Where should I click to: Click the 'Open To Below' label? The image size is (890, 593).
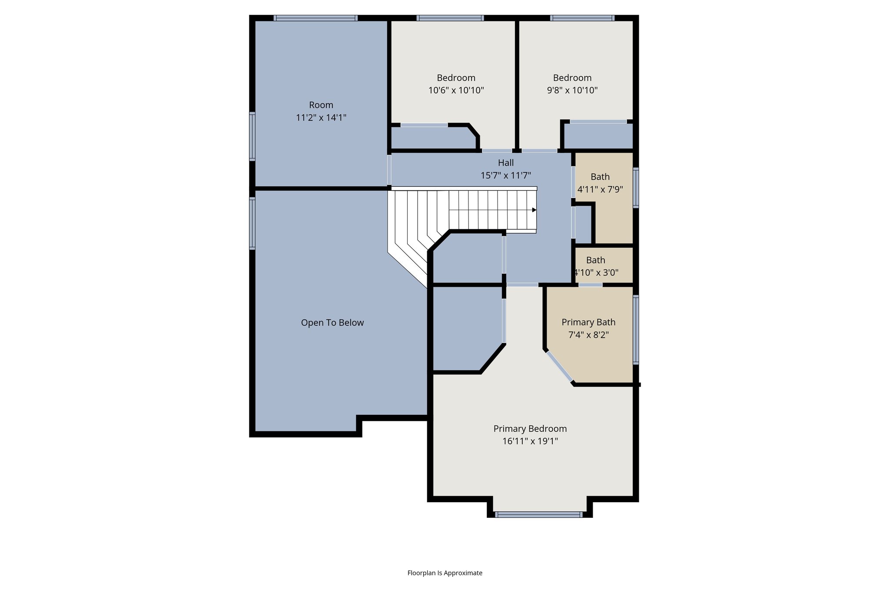332,322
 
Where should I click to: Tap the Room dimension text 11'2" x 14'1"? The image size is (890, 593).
321,117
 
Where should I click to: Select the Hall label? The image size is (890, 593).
505,162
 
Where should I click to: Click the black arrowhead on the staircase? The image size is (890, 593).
534,210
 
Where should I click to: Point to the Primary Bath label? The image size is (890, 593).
588,322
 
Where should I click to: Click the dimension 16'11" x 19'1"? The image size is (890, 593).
530,441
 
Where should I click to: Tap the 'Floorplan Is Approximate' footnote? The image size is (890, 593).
445,573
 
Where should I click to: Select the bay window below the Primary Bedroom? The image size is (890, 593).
538,514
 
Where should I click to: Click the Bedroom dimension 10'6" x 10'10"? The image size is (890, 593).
456,90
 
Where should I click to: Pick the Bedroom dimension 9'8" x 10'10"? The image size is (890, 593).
572,90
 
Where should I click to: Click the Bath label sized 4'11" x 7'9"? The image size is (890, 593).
600,176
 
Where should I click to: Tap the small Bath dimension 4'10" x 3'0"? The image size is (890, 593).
596,272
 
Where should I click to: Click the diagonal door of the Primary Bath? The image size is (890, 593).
559,367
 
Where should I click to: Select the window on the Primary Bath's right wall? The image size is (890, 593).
636,329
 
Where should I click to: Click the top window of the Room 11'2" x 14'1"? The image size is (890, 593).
315,18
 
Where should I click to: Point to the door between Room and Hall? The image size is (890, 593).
389,170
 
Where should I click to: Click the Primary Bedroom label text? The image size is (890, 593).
530,428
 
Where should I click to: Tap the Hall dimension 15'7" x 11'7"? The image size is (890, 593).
505,176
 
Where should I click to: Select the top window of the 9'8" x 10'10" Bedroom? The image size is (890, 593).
582,18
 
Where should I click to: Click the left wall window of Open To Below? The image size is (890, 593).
252,223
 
